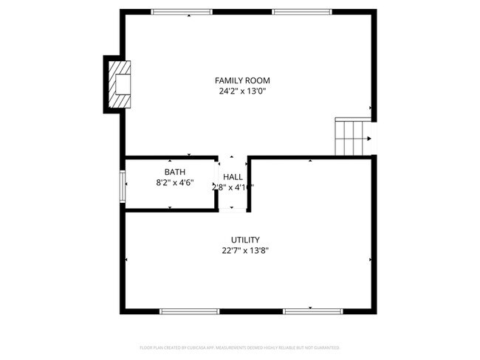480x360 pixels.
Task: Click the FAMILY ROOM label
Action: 242,80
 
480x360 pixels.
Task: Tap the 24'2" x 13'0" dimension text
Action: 242,91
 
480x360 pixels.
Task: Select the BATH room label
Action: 175,172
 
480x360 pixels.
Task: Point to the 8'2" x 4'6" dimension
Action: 175,183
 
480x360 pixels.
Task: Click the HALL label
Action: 233,177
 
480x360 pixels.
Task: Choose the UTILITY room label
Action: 244,240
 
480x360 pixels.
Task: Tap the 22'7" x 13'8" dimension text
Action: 244,251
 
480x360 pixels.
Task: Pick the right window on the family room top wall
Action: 301,12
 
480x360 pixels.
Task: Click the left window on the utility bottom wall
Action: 190,311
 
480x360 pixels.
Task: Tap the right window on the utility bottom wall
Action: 312,311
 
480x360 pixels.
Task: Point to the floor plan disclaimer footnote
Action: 240,347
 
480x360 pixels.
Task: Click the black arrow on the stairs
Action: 368,136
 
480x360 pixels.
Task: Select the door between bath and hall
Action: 217,183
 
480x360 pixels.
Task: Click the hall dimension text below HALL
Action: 233,187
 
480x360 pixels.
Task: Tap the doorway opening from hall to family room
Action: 233,157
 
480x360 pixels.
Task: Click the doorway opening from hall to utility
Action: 233,210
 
